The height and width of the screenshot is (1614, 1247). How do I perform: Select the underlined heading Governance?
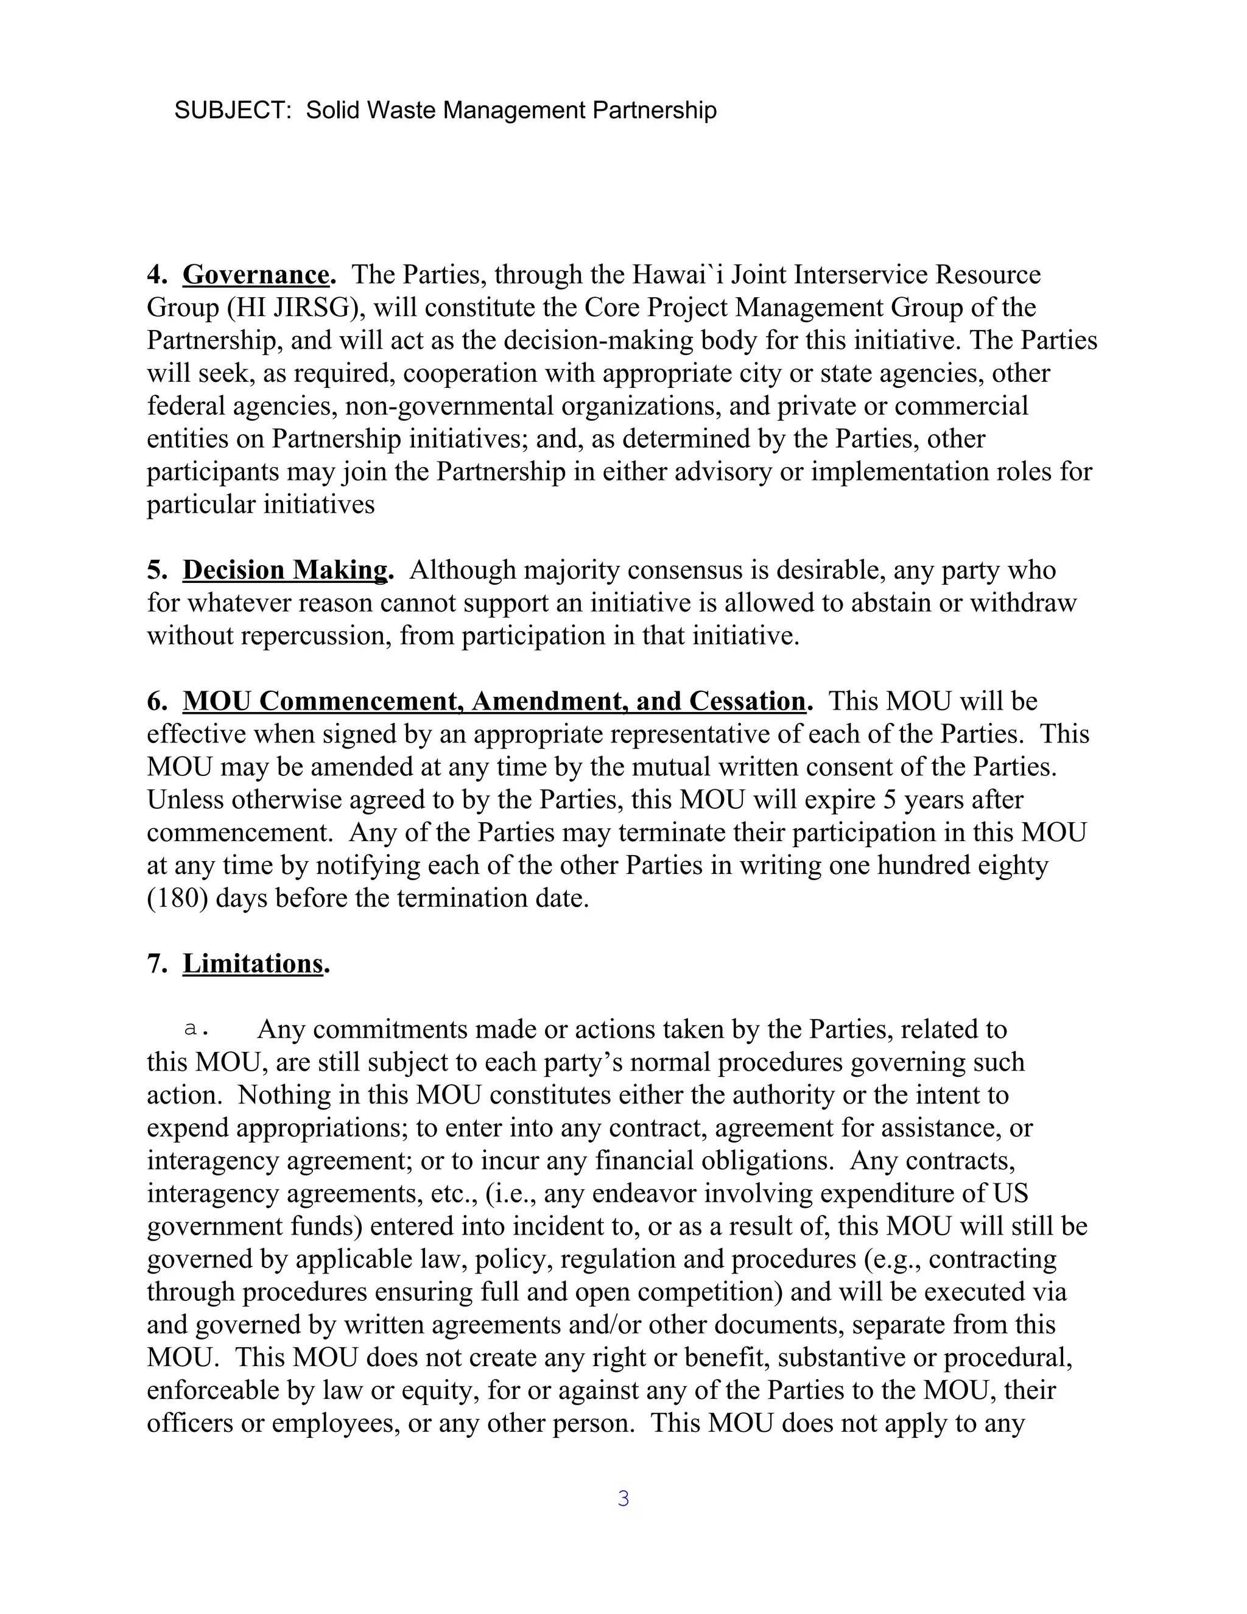pos(256,275)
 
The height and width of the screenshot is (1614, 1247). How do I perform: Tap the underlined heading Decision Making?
pos(284,571)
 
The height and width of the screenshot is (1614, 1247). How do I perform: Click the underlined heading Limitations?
pos(253,964)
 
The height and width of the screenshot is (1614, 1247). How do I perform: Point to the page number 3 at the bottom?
pos(623,1499)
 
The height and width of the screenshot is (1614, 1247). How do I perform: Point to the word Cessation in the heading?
pos(747,701)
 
